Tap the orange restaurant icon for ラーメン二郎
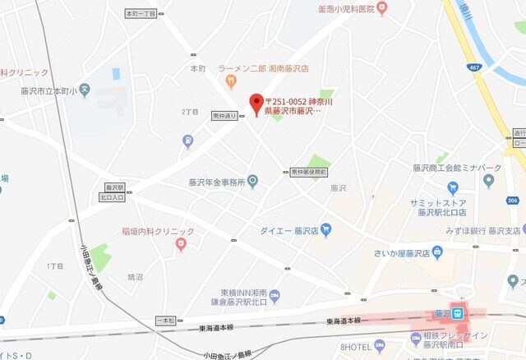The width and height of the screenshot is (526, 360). [231, 80]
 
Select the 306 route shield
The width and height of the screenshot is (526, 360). [513, 200]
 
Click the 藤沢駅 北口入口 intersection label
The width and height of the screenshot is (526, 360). [113, 192]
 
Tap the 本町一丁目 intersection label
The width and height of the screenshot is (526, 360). [141, 14]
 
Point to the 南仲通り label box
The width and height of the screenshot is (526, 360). [224, 115]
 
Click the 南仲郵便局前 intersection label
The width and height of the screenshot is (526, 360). [309, 173]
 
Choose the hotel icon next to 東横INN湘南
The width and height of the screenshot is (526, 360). [275, 295]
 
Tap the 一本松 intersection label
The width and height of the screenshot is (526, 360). [165, 319]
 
